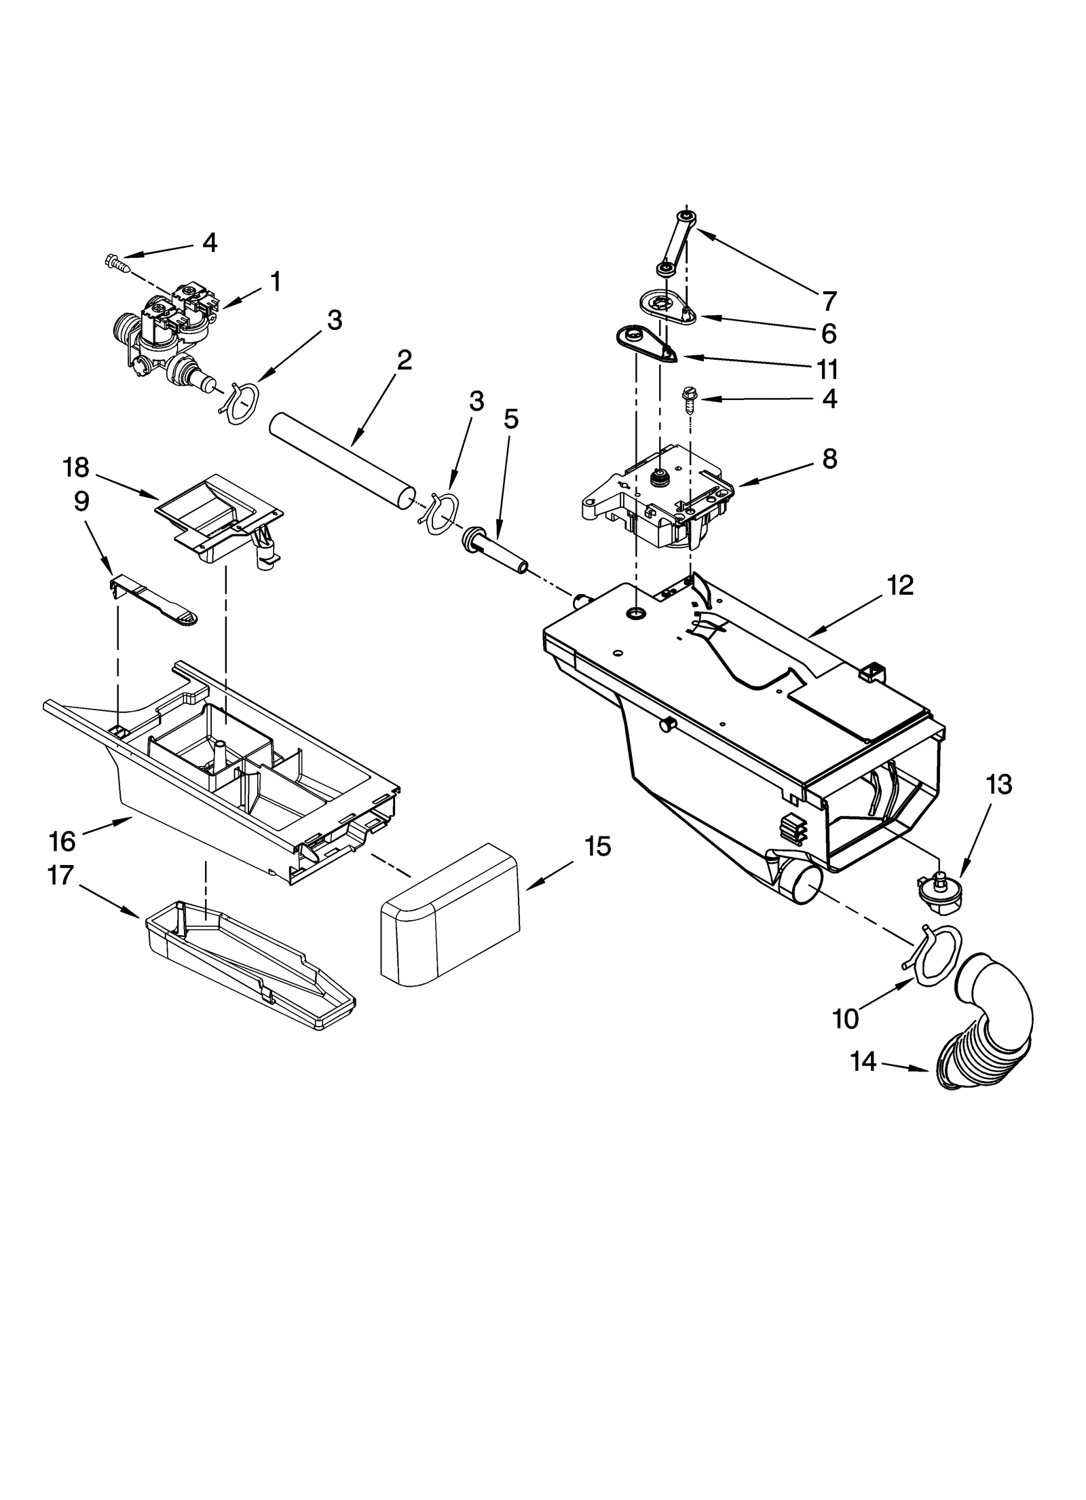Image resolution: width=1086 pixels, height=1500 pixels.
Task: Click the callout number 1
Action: coord(275,281)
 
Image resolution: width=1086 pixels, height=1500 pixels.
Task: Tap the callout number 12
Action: coord(900,585)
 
